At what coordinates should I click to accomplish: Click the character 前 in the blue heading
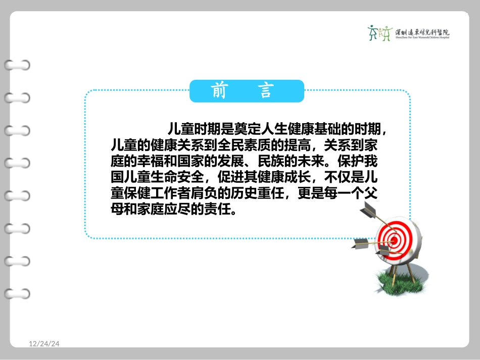pyautogui.click(x=218, y=91)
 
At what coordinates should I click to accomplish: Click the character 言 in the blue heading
pyautogui.click(x=265, y=91)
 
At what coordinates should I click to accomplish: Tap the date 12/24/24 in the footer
pyautogui.click(x=44, y=344)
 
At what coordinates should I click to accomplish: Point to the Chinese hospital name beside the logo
pyautogui.click(x=422, y=31)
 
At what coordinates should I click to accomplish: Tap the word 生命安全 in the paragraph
pyautogui.click(x=179, y=178)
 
